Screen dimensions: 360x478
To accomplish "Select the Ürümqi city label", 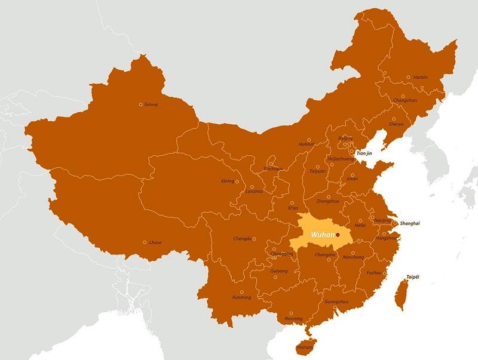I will coord(151,104).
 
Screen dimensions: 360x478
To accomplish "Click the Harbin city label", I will coord(420,77).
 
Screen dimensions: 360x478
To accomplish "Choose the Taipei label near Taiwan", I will coord(413,277).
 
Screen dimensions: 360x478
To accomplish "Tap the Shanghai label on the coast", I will coord(410,223).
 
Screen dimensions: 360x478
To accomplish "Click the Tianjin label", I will coord(363,153).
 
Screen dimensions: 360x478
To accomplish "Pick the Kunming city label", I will coord(241,297).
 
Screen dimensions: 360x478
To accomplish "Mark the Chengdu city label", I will coord(243,239).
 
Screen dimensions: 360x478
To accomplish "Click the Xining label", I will coord(228,181).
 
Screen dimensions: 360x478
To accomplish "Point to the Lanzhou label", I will coord(254,191).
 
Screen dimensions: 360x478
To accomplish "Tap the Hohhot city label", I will coord(306,144).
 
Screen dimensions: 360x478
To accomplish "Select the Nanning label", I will coord(293,318).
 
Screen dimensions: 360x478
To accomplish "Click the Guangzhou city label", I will coord(336,301).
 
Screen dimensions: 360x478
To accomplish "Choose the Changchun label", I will coord(405,101).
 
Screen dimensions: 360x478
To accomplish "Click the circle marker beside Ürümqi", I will coord(141,104).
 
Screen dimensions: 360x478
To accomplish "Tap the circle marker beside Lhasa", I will coord(145,242).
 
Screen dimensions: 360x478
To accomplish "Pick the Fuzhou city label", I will coord(375,272).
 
